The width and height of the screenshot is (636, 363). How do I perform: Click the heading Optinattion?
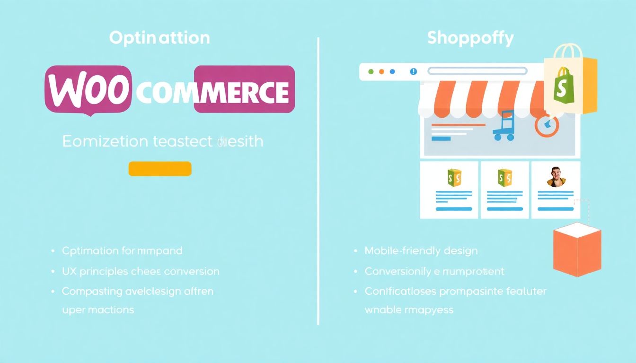click(159, 38)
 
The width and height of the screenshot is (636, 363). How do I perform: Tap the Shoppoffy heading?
click(470, 38)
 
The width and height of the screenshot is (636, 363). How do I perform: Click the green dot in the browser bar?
click(371, 72)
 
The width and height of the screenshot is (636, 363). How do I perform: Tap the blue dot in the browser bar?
click(392, 72)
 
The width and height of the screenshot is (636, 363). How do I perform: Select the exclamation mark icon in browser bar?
click(414, 72)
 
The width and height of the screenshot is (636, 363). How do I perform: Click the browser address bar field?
click(477, 71)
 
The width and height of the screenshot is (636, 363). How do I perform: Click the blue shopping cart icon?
click(503, 125)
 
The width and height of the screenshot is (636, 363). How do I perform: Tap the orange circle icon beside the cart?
click(547, 126)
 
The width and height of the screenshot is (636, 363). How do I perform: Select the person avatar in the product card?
click(556, 177)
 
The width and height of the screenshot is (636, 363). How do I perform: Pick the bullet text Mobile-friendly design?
click(421, 251)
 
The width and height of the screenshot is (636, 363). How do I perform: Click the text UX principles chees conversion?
click(141, 272)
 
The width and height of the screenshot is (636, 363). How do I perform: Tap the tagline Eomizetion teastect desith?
click(162, 141)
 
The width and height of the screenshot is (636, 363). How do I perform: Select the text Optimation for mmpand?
click(122, 251)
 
